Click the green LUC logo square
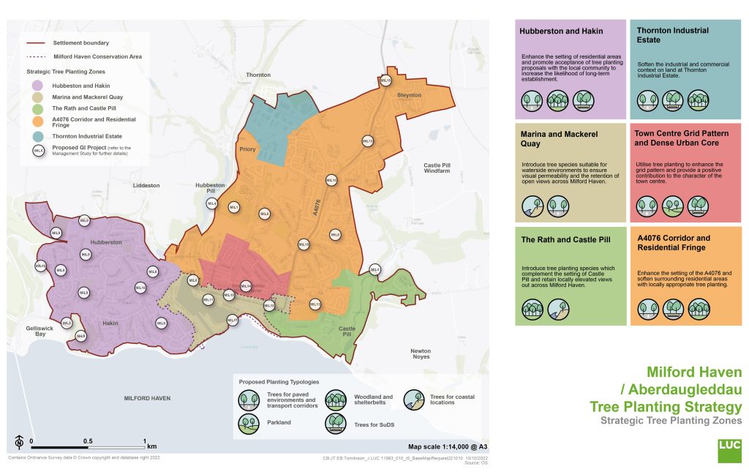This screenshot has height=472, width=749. click(729, 450)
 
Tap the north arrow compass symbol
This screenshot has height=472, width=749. click(18, 443)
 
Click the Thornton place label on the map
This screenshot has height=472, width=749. click(258, 75)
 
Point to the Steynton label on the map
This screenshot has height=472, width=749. click(409, 94)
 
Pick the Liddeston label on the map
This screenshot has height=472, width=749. click(146, 186)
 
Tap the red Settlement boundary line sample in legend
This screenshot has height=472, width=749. click(37, 43)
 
